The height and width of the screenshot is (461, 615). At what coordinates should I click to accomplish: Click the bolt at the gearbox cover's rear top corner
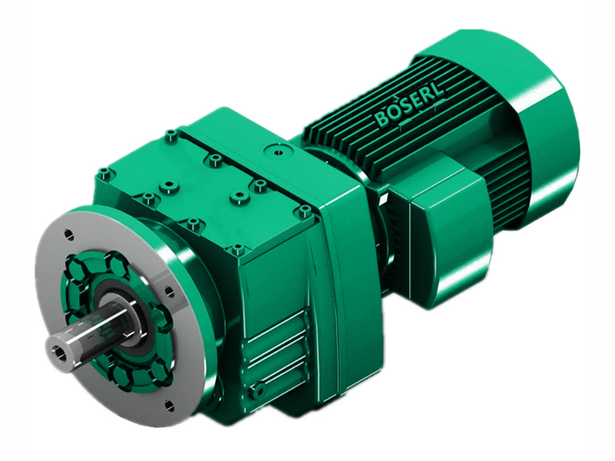(171, 137)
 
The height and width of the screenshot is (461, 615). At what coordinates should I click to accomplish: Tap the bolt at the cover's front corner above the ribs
(238, 250)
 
